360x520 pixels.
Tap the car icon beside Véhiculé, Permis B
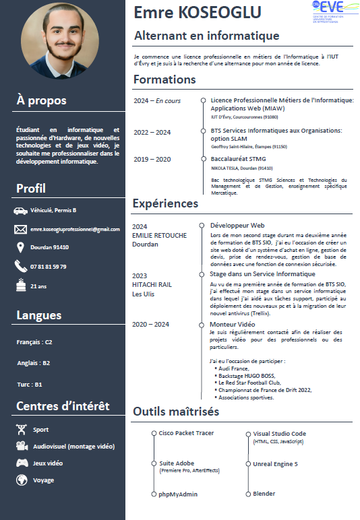click(20, 211)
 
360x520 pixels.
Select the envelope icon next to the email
click(20, 229)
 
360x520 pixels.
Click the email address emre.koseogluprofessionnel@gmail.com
click(74, 230)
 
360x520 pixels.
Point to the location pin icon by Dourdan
click(20, 247)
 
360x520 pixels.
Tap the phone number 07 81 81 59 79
click(48, 267)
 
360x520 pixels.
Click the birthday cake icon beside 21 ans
click(20, 286)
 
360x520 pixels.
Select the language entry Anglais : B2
click(33, 363)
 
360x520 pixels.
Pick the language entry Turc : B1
click(29, 385)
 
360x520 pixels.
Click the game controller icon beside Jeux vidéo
click(22, 463)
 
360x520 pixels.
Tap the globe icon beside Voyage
click(22, 480)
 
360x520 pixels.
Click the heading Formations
click(164, 79)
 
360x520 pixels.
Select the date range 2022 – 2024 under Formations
click(152, 131)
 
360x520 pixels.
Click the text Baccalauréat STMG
click(238, 160)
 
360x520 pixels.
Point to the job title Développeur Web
click(237, 225)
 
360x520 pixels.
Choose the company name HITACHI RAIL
click(152, 284)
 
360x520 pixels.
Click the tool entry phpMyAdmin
click(178, 494)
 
